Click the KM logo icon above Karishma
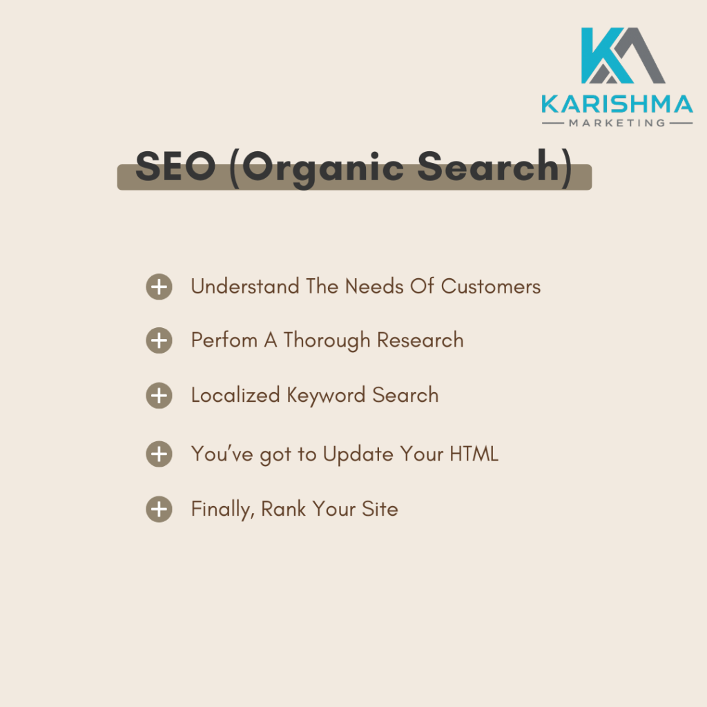[623, 55]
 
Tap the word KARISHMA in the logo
[617, 104]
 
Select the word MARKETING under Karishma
[617, 123]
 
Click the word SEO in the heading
[175, 166]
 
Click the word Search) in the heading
[495, 168]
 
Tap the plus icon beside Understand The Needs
[159, 287]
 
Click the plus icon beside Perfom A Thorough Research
[159, 340]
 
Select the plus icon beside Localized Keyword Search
[159, 396]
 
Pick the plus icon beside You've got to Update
[159, 454]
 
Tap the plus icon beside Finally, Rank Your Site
[159, 509]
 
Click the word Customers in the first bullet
[491, 287]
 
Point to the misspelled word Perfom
[224, 340]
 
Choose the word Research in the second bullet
[420, 340]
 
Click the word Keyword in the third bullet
[326, 396]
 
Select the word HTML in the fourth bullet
[474, 454]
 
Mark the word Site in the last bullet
[380, 509]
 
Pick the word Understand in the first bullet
[245, 287]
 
